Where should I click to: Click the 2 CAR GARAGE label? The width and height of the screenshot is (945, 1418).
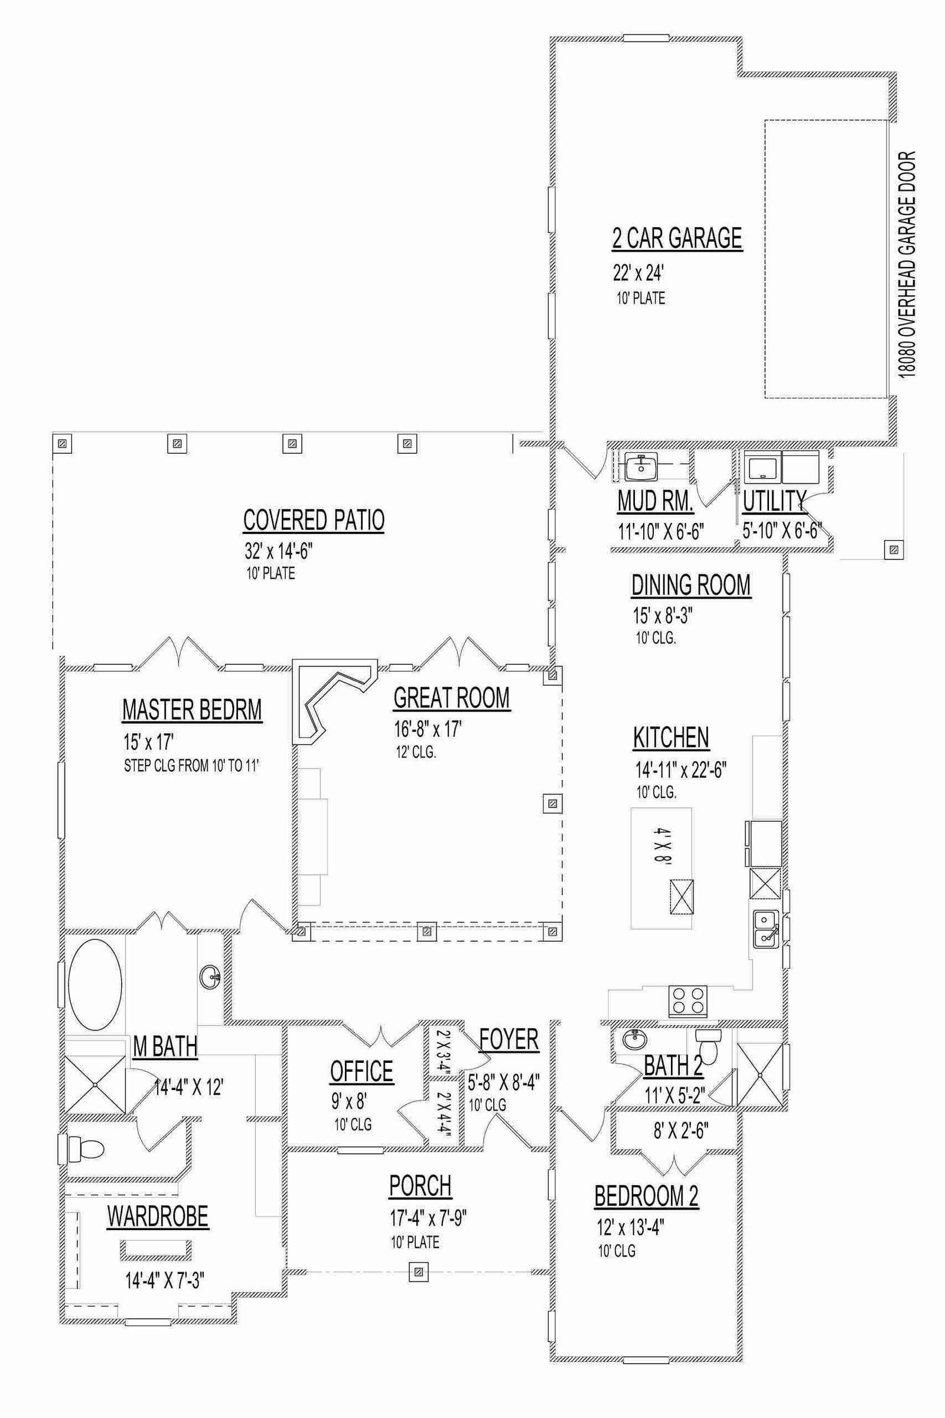click(677, 238)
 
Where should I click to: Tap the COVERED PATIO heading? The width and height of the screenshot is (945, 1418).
click(314, 520)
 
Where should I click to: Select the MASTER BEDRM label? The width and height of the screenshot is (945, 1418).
click(193, 710)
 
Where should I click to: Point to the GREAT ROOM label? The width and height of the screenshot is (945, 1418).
click(451, 698)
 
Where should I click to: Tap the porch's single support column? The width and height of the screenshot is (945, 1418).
click(418, 1273)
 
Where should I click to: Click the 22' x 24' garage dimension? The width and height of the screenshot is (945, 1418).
click(638, 274)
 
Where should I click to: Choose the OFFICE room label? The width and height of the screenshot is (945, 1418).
click(361, 1071)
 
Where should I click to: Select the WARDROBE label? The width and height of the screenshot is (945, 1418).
click(158, 1216)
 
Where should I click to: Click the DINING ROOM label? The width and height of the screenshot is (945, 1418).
click(691, 585)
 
